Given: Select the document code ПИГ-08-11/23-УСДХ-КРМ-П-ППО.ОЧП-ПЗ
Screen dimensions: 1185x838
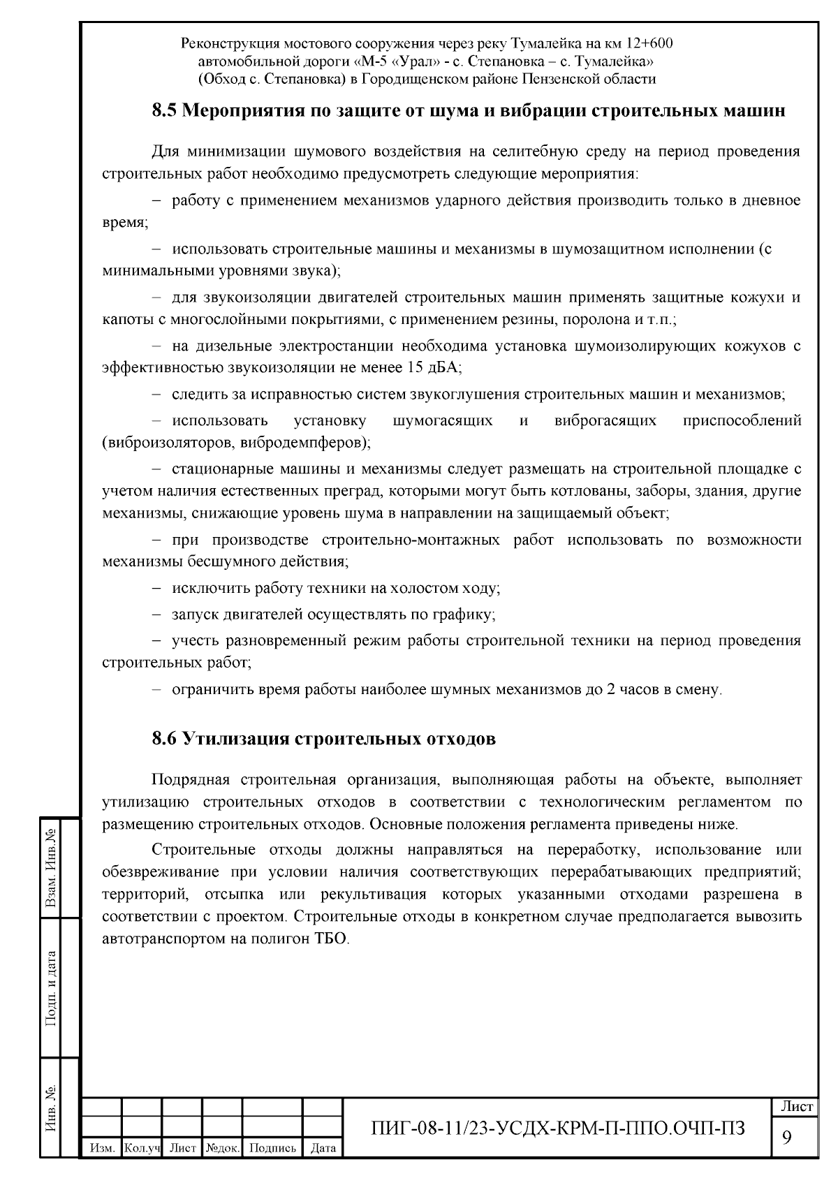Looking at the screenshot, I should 559,1128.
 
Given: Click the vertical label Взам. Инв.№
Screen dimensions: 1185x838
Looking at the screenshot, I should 51,867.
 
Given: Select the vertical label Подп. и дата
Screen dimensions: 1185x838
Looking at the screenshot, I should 51,988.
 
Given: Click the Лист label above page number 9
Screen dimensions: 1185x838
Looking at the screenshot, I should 796,1107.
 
